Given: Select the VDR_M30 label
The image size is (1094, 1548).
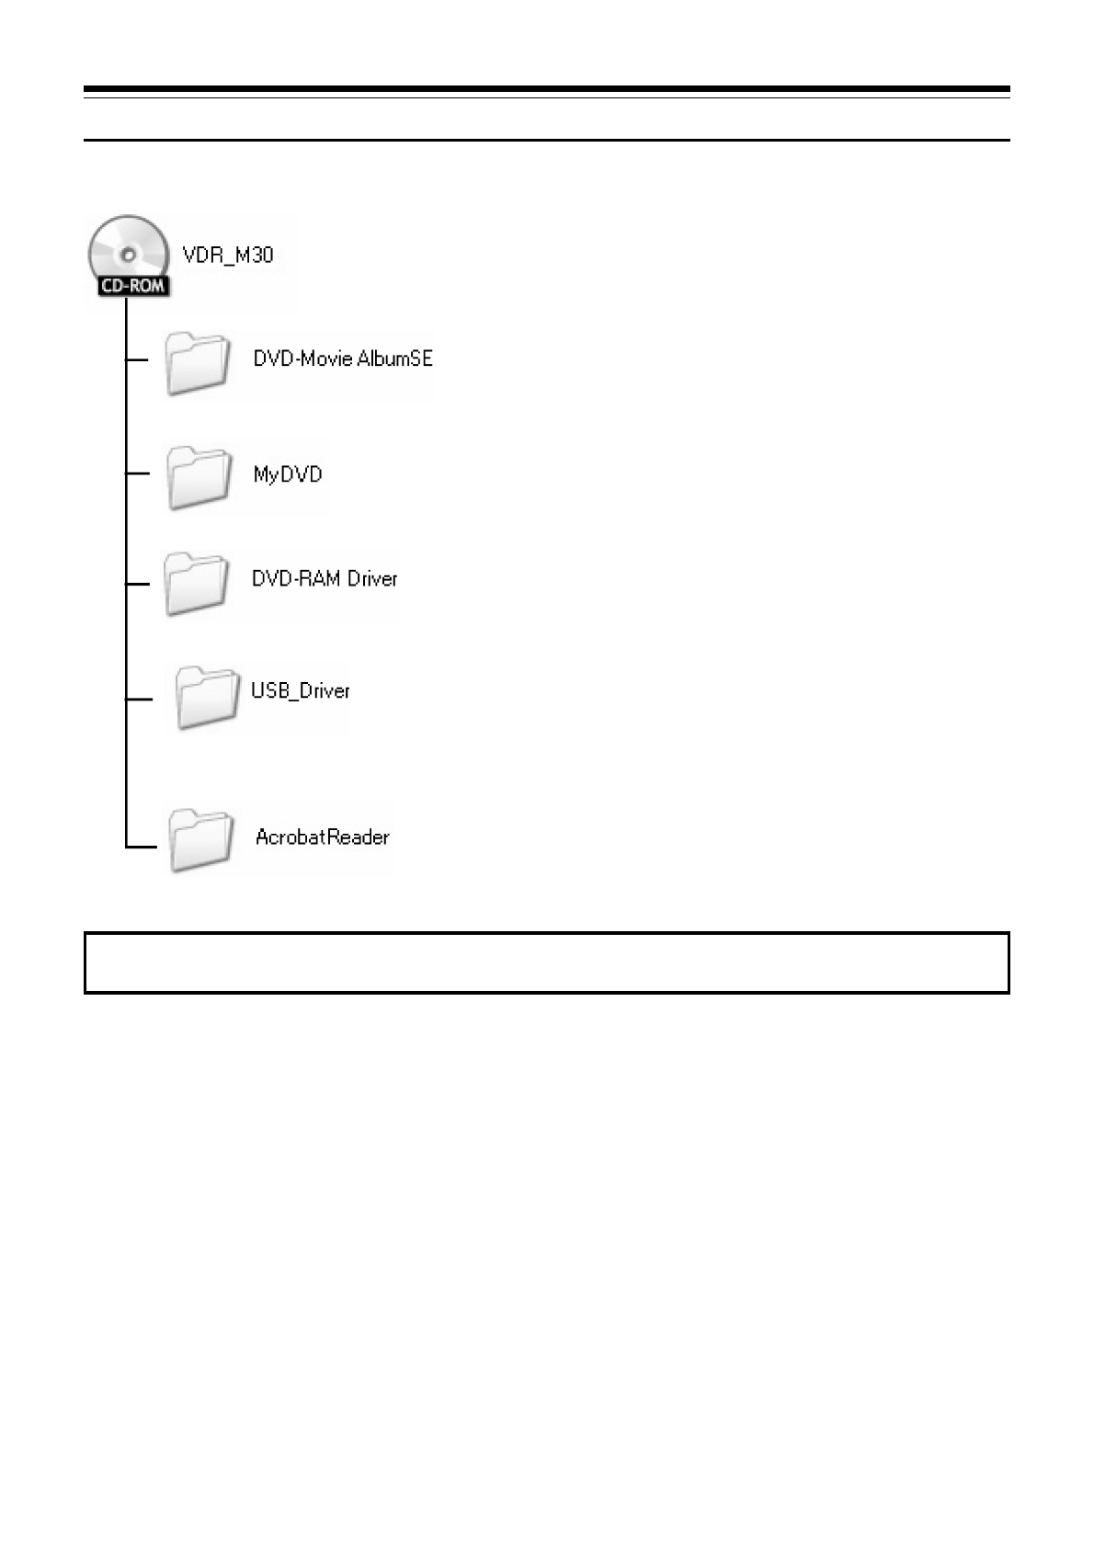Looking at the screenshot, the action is coord(228,255).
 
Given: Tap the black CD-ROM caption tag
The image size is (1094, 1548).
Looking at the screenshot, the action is coord(131,286).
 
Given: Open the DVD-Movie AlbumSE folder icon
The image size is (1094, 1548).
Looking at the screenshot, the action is coord(197,364).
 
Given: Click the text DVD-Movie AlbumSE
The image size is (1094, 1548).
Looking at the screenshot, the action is coord(343,359).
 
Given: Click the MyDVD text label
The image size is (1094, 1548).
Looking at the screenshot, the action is coord(288,474).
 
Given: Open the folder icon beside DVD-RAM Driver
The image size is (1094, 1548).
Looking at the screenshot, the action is coord(196,584).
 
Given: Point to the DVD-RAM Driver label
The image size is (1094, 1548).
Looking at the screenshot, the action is coord(325,578).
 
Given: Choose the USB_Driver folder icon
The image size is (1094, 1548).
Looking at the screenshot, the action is coord(205,698).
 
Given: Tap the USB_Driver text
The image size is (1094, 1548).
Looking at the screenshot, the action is coord(301,690).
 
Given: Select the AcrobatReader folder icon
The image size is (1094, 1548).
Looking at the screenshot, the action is coord(199,840).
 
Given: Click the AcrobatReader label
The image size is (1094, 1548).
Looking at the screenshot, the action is coord(322,837).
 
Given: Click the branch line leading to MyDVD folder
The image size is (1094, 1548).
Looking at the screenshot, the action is coord(137,473).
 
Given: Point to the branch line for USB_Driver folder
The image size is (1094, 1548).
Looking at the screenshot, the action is coord(138,700).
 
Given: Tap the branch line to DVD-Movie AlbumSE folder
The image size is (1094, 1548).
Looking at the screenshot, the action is coord(137,359).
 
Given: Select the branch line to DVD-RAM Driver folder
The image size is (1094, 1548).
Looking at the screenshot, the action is coord(137,584).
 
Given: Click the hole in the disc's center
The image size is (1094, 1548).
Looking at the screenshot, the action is coord(127,251).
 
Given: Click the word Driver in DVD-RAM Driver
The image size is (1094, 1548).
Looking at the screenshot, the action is coord(373,578).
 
